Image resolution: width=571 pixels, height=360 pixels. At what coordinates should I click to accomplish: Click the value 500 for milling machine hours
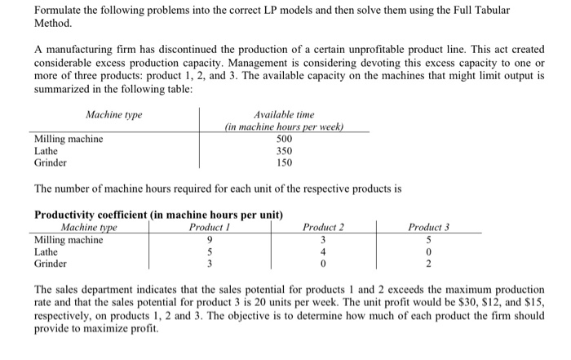click(x=285, y=139)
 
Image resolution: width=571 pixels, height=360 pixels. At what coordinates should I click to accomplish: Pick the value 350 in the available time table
click(x=285, y=150)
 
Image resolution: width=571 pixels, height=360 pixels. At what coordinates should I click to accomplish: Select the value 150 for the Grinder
click(x=285, y=162)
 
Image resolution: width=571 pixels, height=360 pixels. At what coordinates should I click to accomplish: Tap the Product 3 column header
click(x=430, y=227)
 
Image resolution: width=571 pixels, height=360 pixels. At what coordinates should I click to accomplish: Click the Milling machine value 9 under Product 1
click(x=210, y=240)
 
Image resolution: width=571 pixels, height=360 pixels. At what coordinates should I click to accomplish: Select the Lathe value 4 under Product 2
click(x=323, y=252)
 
